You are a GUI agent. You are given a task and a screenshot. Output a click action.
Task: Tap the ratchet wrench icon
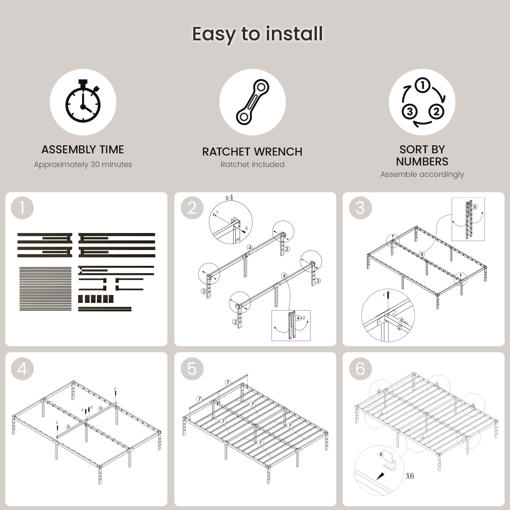[x=252, y=102]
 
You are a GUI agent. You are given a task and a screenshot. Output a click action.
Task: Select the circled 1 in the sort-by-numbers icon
[x=423, y=85]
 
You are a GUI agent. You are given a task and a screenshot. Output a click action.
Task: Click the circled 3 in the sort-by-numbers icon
[x=410, y=112]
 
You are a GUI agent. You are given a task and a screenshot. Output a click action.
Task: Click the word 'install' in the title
[x=294, y=33]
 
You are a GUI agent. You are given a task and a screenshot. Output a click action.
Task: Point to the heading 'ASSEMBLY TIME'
[x=83, y=149]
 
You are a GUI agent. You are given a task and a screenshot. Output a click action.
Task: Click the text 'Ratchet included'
[x=252, y=164]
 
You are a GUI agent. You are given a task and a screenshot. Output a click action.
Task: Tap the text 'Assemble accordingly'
[x=422, y=174]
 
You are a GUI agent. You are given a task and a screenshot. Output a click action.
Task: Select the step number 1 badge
[x=22, y=208]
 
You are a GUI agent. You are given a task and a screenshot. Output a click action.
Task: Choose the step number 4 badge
[x=22, y=369]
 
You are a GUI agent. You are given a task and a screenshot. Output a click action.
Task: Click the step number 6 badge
[x=360, y=369]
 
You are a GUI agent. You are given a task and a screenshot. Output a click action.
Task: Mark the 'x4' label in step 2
[x=229, y=198]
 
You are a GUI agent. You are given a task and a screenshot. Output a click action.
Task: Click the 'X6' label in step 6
[x=410, y=476]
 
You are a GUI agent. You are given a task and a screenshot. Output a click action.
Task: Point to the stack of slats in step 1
[x=46, y=289]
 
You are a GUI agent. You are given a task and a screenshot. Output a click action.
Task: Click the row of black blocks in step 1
[x=96, y=299]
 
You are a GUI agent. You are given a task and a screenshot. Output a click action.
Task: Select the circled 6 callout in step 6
[x=381, y=454]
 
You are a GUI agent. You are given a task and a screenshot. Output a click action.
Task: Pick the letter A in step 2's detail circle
[x=217, y=212]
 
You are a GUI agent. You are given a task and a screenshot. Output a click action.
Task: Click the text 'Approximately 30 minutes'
[x=83, y=164]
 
